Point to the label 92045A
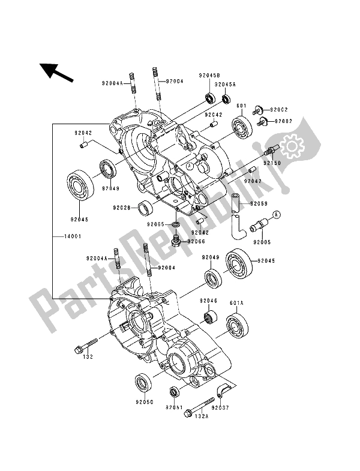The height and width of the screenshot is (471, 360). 226,85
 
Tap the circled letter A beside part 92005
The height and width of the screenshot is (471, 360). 277,214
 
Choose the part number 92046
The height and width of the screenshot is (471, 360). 209,299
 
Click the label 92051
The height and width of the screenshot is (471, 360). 175,407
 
